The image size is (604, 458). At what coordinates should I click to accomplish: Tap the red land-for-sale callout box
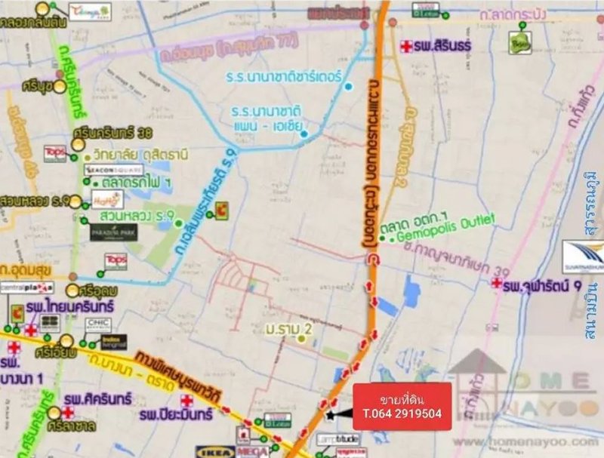402,406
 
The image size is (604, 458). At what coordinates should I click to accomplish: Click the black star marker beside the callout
329,414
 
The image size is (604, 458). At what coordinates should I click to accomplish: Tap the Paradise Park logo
113,232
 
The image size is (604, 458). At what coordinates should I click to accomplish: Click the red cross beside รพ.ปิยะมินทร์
186,401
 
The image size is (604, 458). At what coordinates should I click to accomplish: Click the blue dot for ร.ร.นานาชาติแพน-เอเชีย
304,134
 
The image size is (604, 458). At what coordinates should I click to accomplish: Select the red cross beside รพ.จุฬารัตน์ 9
496,283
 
